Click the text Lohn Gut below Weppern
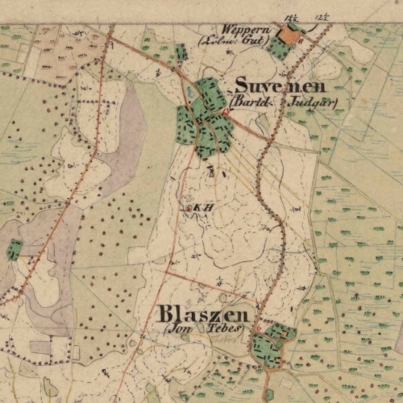click(x=231, y=39)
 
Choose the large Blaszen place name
click(x=206, y=314)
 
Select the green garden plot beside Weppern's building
click(x=279, y=49)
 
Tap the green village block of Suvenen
click(x=206, y=117)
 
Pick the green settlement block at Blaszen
click(x=270, y=343)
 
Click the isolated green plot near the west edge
click(x=15, y=249)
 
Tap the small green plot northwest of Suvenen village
click(x=181, y=53)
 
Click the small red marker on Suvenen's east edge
click(x=226, y=114)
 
